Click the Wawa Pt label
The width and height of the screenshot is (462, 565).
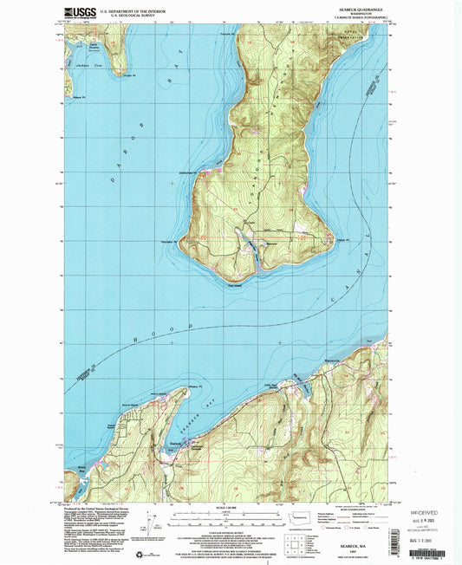[80, 98]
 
